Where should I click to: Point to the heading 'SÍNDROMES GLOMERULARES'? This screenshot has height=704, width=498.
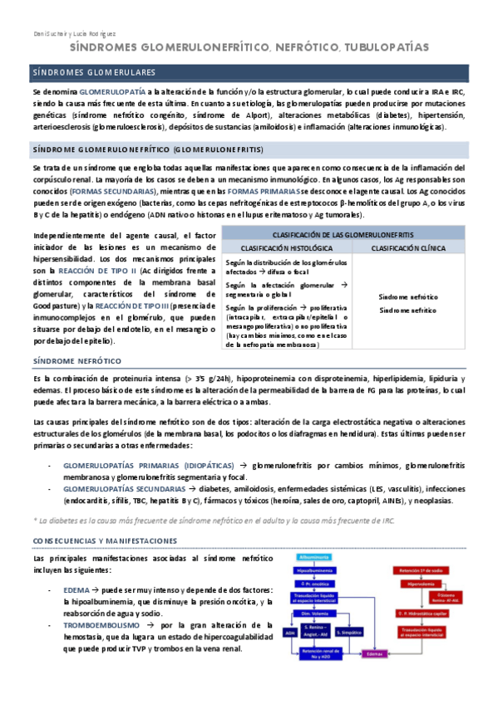[100, 73]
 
